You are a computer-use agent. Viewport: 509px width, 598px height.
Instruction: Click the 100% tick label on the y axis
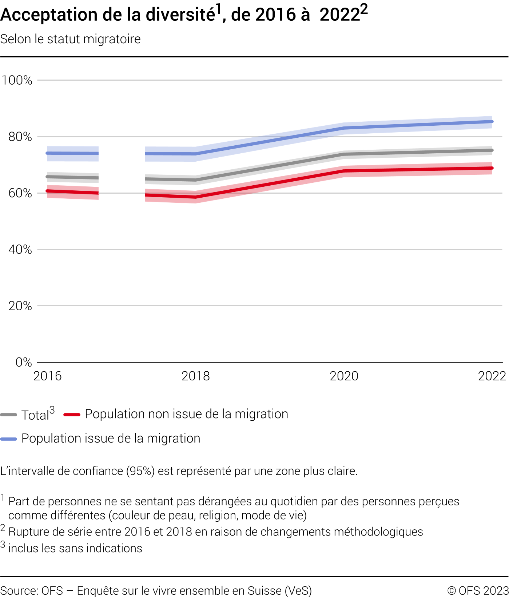(17, 80)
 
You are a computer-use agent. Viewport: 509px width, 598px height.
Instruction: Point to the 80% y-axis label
(20, 137)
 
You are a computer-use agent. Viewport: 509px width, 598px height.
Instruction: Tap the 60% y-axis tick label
(20, 193)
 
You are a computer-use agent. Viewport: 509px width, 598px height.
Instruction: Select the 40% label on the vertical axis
(20, 250)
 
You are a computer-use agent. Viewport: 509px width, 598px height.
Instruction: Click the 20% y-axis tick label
(20, 306)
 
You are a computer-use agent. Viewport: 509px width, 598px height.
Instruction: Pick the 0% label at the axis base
(24, 362)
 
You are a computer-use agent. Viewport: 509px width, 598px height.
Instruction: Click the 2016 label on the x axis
(47, 376)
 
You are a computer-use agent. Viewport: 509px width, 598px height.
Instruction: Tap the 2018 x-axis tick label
(196, 376)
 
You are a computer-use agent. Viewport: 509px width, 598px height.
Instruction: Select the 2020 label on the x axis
(344, 376)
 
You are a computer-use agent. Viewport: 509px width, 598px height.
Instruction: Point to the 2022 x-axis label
(492, 376)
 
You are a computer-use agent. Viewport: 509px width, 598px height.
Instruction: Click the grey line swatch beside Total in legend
(9, 415)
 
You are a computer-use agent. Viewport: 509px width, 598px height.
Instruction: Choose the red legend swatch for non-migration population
(72, 415)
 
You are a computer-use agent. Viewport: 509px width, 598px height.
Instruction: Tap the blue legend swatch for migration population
(9, 439)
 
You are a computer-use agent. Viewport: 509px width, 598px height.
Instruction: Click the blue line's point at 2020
(344, 128)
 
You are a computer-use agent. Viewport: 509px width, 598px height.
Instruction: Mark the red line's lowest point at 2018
(196, 197)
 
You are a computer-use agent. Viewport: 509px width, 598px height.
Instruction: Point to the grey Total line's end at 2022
(492, 150)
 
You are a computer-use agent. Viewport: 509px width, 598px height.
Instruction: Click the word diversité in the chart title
(180, 15)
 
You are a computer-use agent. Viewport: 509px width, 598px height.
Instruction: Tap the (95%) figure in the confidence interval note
(140, 471)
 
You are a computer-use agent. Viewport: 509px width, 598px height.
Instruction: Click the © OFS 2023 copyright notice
(478, 590)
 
